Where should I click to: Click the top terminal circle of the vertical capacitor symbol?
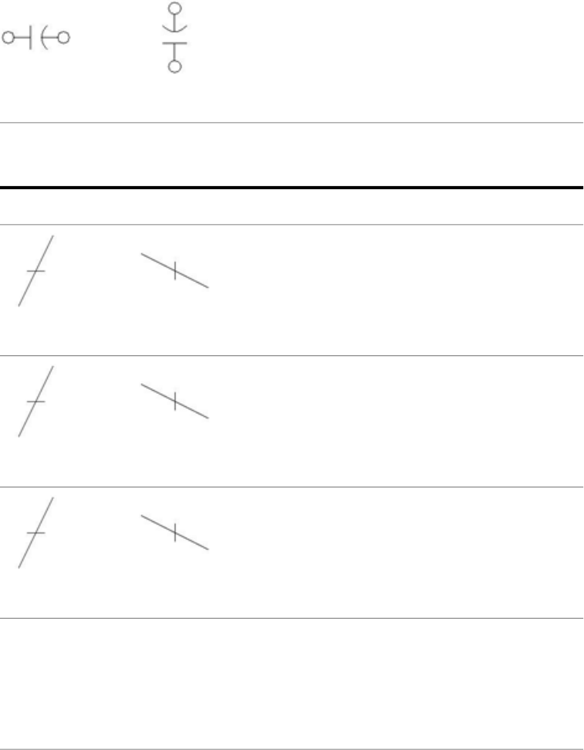175,9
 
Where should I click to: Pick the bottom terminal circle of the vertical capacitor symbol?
175,67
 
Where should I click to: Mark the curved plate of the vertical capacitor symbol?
175,32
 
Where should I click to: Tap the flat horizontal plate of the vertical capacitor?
175,43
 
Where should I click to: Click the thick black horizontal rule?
292,188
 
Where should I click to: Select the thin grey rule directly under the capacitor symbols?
292,122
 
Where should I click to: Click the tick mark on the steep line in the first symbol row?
35,272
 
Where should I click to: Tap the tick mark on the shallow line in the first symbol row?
175,270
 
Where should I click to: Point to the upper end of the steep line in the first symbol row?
52,236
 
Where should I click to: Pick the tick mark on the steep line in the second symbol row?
35,402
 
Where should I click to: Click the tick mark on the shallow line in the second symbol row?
175,402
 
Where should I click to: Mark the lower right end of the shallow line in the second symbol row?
208,418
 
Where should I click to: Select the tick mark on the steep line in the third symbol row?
35,533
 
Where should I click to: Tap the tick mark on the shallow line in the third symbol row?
175,532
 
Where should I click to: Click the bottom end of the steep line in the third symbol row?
19,568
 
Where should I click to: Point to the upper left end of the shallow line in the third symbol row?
141,515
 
